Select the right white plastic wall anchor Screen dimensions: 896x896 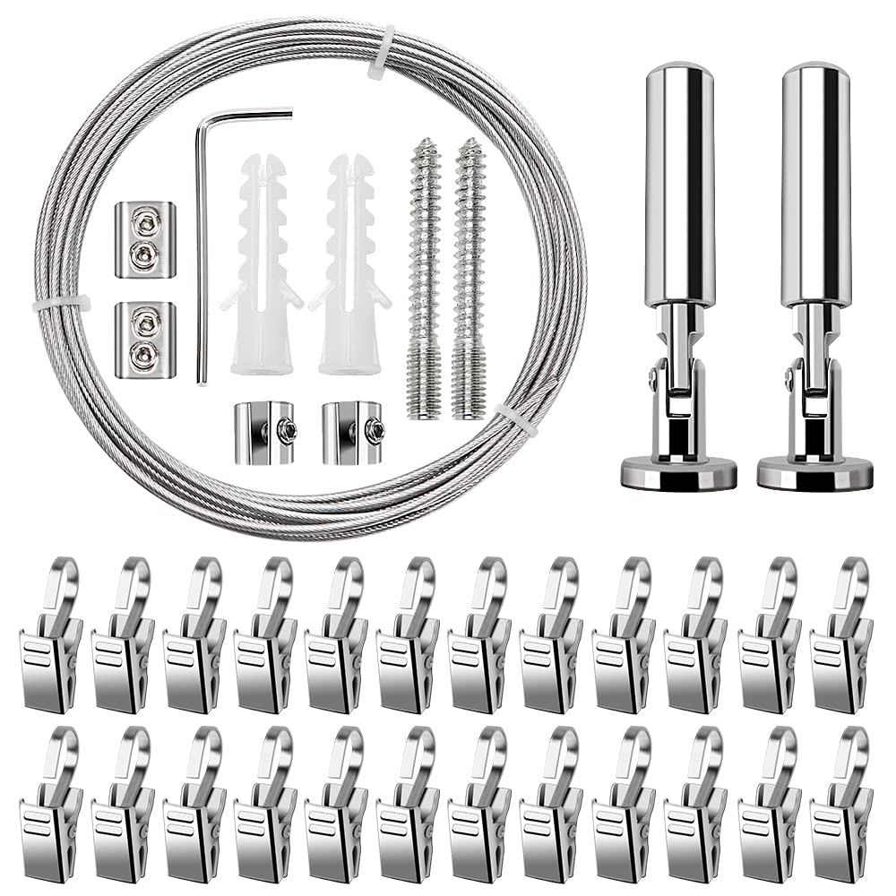tap(350, 269)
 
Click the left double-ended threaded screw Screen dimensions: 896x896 tap(425, 278)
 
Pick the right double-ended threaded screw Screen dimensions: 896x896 tap(468, 278)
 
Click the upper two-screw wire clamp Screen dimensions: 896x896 tap(145, 240)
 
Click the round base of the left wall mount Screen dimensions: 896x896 tap(679, 473)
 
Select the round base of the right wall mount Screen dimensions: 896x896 tap(814, 473)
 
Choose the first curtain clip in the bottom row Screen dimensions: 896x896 tap(52, 806)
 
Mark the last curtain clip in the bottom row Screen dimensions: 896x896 tap(842, 806)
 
